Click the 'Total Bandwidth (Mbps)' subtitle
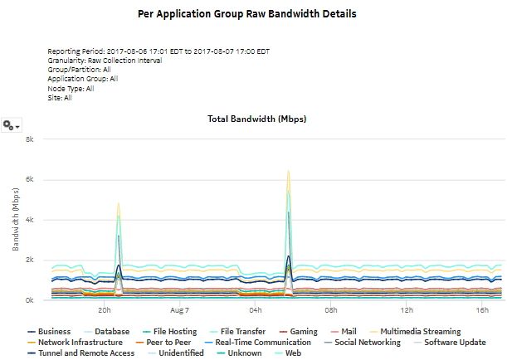[256, 119]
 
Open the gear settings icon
[11, 124]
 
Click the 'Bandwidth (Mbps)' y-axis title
[16, 220]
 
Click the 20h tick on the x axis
[105, 310]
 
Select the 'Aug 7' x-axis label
[180, 310]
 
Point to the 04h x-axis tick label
[256, 310]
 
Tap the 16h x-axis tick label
[482, 310]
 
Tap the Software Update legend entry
[452, 342]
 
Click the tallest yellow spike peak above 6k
[288, 172]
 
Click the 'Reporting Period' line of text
[158, 51]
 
